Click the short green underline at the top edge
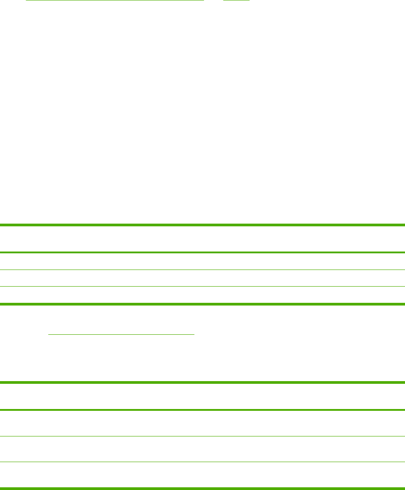pos(237,0)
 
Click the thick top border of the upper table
pos(202,225)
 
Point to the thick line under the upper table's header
pos(202,252)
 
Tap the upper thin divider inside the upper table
pos(202,270)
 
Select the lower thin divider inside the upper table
pos(202,287)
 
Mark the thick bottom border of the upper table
pos(202,304)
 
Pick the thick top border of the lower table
pos(202,382)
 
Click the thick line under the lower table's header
pos(202,410)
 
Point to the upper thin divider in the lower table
pos(202,436)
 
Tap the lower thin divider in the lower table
pos(202,462)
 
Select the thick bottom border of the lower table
pos(202,488)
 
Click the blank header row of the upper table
pos(202,238)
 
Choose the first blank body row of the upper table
pos(202,261)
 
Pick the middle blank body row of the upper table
pos(202,278)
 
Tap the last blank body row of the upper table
pos(202,295)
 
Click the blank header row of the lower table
pos(202,396)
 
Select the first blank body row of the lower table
pos(202,423)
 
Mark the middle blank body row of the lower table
pos(202,449)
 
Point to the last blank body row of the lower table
pos(202,475)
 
